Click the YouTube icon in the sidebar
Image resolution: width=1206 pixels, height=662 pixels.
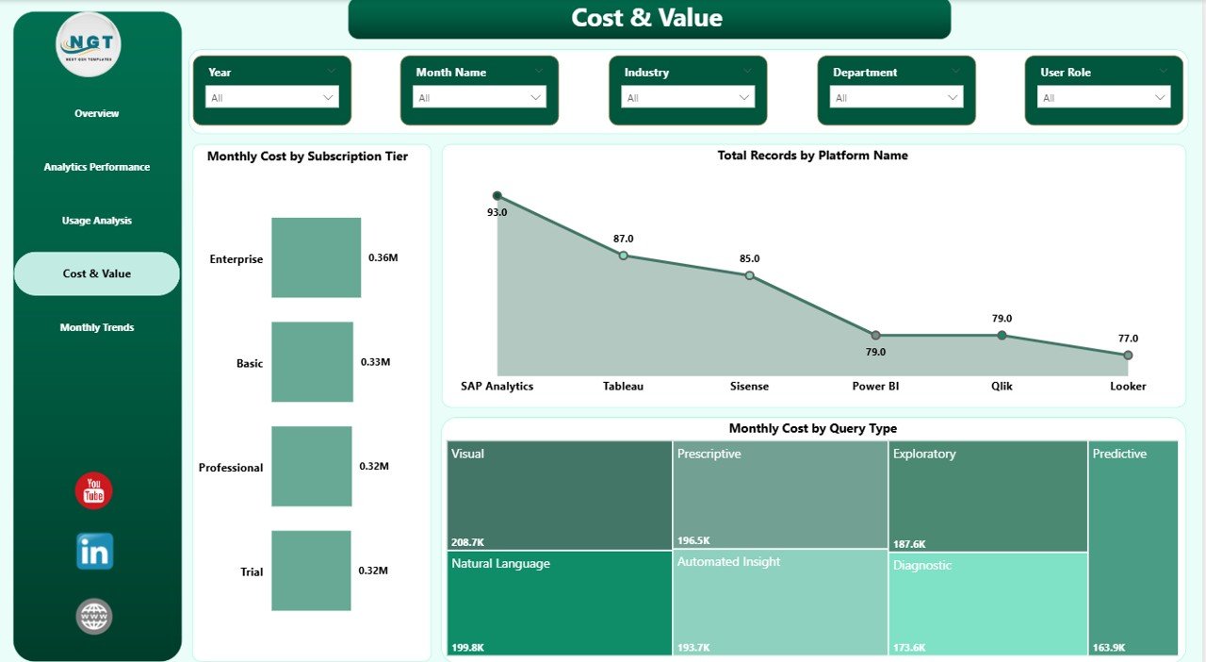pyautogui.click(x=93, y=491)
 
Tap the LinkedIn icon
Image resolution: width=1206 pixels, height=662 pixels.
pyautogui.click(x=94, y=552)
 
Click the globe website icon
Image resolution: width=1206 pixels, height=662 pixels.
pyautogui.click(x=94, y=617)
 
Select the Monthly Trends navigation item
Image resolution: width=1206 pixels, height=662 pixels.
pyautogui.click(x=97, y=327)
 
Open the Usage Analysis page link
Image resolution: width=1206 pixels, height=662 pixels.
pyautogui.click(x=97, y=221)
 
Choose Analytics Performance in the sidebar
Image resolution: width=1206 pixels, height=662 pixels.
pyautogui.click(x=97, y=167)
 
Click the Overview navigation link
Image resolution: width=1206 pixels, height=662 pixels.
pyautogui.click(x=97, y=113)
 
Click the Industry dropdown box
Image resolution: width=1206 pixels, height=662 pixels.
pyautogui.click(x=687, y=97)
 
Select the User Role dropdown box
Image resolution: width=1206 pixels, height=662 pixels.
pyautogui.click(x=1103, y=97)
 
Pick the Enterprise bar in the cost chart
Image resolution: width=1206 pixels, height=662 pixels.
pyautogui.click(x=316, y=257)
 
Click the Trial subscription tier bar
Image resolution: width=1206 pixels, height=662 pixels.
pyautogui.click(x=311, y=570)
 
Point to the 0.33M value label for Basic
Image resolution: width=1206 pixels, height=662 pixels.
pyautogui.click(x=376, y=361)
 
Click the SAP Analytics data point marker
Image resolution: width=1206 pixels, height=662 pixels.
pyautogui.click(x=497, y=196)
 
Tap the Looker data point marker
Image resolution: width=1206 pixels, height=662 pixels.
pyautogui.click(x=1128, y=356)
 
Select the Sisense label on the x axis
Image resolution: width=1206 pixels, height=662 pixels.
pyautogui.click(x=749, y=386)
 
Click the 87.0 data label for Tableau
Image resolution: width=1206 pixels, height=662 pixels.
pyautogui.click(x=623, y=239)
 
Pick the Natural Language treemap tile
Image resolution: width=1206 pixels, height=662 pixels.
pyautogui.click(x=560, y=603)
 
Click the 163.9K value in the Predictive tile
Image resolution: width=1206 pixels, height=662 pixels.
pyautogui.click(x=1109, y=648)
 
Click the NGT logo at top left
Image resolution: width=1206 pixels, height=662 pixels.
pyautogui.click(x=89, y=44)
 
